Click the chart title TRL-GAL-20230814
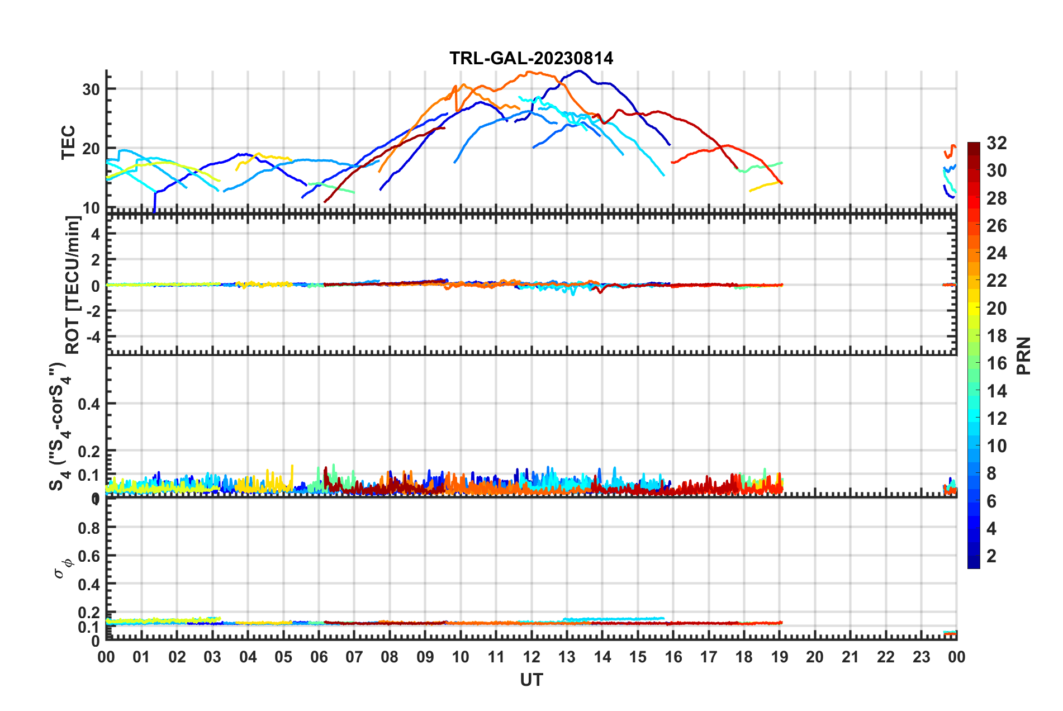531,58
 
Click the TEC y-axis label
68,143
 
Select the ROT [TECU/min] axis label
73,285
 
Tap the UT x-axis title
531,680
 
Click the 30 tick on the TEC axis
91,89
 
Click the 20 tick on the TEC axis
91,149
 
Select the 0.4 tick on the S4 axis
89,404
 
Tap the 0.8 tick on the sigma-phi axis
89,528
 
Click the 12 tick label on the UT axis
531,657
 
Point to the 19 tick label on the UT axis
780,657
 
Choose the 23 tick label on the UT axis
921,657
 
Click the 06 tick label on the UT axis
319,657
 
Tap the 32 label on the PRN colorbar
996,144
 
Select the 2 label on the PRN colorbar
991,556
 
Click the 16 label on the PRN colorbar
996,364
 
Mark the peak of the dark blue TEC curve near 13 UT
579,71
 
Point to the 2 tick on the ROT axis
96,260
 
